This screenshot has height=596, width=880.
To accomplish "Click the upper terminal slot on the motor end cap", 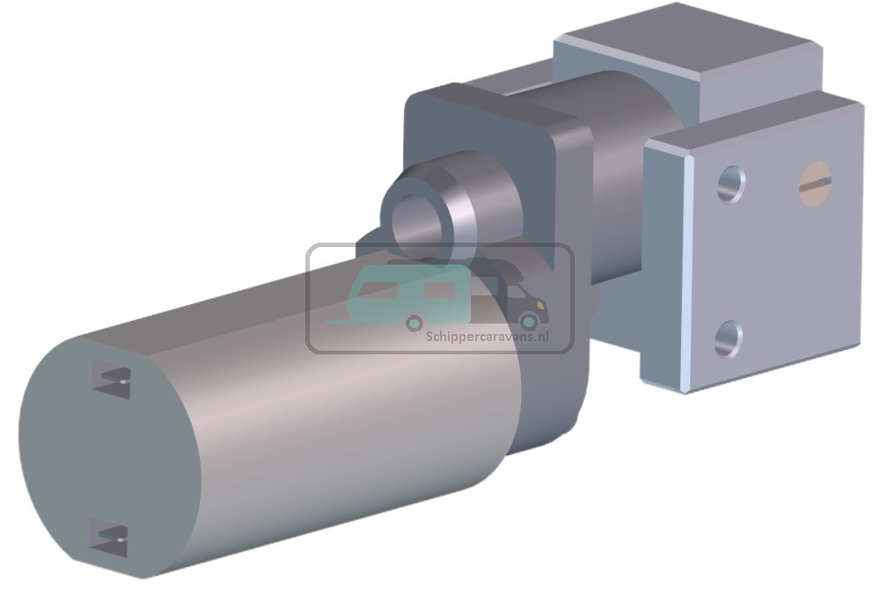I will (x=112, y=380).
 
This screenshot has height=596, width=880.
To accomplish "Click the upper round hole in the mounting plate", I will (x=730, y=184).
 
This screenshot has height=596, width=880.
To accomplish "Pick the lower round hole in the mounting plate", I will (x=728, y=338).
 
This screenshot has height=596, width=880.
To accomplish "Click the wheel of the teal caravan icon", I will (x=414, y=323).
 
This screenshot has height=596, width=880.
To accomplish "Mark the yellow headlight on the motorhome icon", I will (x=543, y=307).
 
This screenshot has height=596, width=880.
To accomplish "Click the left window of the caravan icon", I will (x=377, y=291).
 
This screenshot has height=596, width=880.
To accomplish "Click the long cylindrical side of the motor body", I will (x=352, y=413).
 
